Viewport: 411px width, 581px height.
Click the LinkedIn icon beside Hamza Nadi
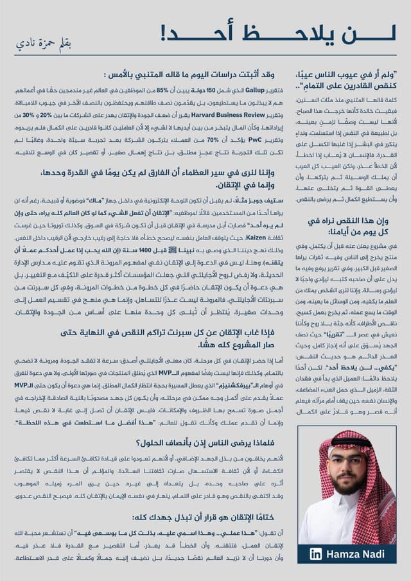(x=316, y=554)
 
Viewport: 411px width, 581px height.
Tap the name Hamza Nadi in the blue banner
(x=356, y=554)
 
